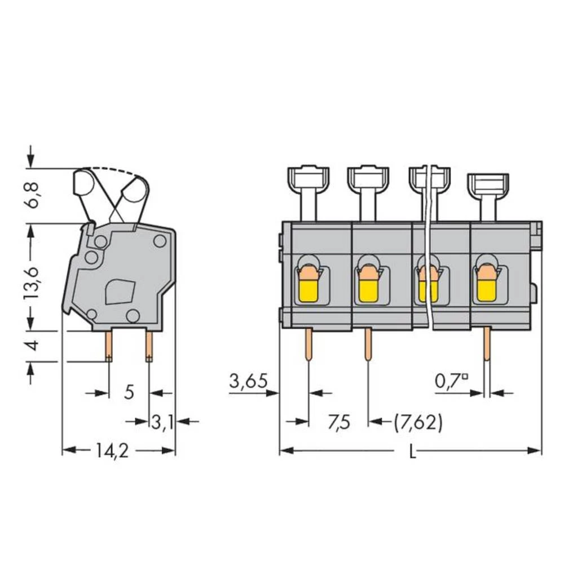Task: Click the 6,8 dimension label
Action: pyautogui.click(x=34, y=195)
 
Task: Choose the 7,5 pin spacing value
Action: pyautogui.click(x=338, y=421)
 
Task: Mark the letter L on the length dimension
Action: pyautogui.click(x=412, y=452)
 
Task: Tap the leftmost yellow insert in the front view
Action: pyautogui.click(x=307, y=292)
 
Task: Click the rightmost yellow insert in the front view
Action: pyautogui.click(x=486, y=292)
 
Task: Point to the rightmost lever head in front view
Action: pyautogui.click(x=488, y=183)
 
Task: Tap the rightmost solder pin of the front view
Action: pyautogui.click(x=487, y=344)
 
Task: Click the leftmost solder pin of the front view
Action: pyautogui.click(x=309, y=344)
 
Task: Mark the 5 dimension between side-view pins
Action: pyautogui.click(x=129, y=392)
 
